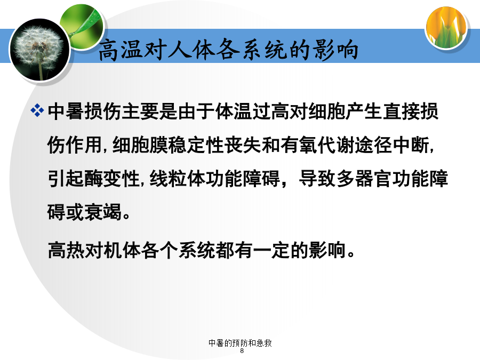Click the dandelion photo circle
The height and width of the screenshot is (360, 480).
click(40, 50)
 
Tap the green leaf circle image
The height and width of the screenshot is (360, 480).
click(82, 26)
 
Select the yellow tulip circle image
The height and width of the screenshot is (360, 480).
click(446, 28)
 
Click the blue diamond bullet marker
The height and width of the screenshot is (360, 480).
click(37, 110)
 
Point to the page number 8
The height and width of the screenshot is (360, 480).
click(242, 351)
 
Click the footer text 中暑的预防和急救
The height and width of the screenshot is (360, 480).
click(240, 343)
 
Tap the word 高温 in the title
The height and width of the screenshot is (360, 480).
click(120, 50)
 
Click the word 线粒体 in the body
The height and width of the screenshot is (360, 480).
click(178, 179)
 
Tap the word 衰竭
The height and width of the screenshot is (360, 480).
click(103, 212)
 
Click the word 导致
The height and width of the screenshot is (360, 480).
click(317, 179)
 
